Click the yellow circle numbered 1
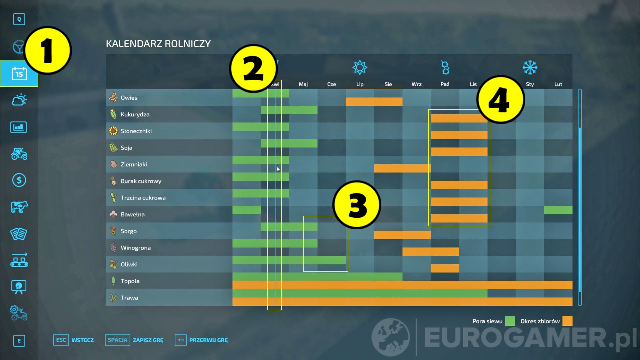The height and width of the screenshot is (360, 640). [x=48, y=50]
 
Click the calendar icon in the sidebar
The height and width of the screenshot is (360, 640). [x=19, y=74]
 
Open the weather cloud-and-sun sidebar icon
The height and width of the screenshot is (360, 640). [x=19, y=100]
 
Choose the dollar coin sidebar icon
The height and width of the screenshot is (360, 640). [x=19, y=180]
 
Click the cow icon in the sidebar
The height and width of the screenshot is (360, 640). [x=19, y=207]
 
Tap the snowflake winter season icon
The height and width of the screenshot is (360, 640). [x=530, y=68]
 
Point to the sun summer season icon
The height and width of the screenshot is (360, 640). [x=360, y=68]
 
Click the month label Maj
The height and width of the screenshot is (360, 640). [x=303, y=84]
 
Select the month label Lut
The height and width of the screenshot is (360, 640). [x=558, y=84]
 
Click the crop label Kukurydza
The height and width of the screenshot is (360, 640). [x=135, y=114]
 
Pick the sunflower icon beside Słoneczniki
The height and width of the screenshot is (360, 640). [x=113, y=131]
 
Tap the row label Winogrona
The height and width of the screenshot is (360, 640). [x=136, y=248]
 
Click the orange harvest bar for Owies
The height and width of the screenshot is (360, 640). [x=374, y=101]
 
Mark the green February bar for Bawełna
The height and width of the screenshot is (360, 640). [x=558, y=210]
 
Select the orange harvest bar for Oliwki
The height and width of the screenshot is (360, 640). [x=445, y=268]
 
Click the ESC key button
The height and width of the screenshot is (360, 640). [x=61, y=340]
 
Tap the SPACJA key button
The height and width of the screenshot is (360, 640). [x=117, y=340]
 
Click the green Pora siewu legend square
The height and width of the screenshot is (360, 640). [x=510, y=321]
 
